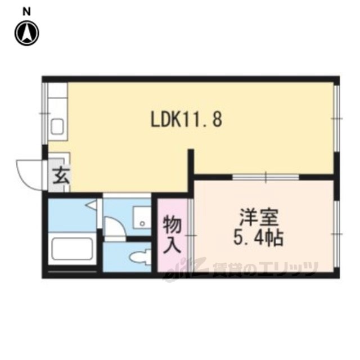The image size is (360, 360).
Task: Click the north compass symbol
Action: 27,33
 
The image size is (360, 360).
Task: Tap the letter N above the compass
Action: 27,11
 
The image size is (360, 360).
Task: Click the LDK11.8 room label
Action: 186,120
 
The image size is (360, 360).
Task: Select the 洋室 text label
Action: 259,217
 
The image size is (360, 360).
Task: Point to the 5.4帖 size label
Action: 259,237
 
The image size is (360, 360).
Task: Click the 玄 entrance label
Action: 61,175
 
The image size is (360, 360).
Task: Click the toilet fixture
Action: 140,258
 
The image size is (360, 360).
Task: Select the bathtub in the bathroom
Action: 73,249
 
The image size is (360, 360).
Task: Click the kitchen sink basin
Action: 57,127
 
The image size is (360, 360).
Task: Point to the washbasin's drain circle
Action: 142,223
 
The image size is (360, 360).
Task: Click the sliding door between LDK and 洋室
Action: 265,177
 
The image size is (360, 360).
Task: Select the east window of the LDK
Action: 336,119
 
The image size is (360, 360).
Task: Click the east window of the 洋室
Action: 336,234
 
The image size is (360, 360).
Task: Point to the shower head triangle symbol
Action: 91,204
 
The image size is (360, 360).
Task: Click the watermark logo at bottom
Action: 241,269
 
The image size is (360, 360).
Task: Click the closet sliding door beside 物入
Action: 191,235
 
